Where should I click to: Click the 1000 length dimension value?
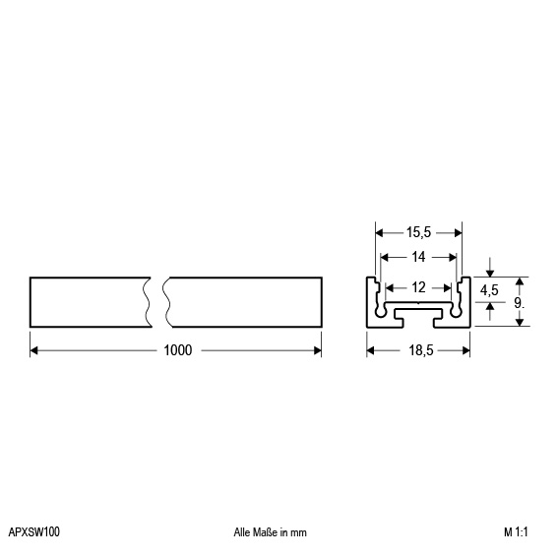pyautogui.click(x=177, y=350)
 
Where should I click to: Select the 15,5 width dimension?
pyautogui.click(x=418, y=232)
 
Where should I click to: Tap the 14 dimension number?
pyautogui.click(x=418, y=257)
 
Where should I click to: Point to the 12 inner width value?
pyautogui.click(x=418, y=287)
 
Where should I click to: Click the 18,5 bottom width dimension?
pyautogui.click(x=421, y=350)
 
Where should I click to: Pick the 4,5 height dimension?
pyautogui.click(x=489, y=290)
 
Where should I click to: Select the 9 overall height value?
pyautogui.click(x=520, y=303)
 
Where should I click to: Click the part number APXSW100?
pyautogui.click(x=34, y=532)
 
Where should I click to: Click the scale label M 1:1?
pyautogui.click(x=516, y=532)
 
